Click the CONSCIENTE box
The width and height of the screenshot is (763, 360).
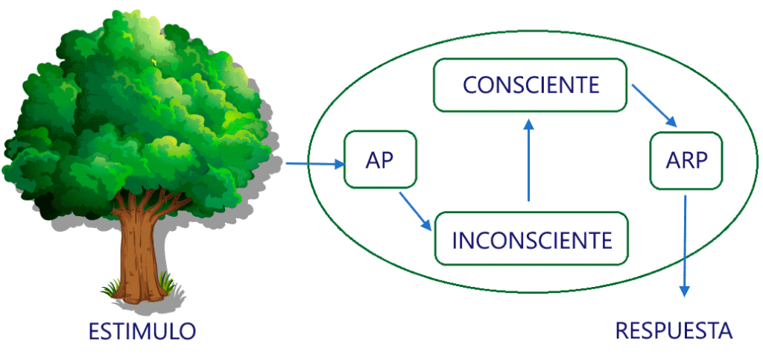[x=530, y=85]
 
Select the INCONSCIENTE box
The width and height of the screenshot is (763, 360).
[x=531, y=239]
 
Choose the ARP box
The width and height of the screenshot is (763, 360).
[x=686, y=160]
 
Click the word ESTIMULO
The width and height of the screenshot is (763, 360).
[x=142, y=331]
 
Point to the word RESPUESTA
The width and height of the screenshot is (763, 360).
[x=674, y=330]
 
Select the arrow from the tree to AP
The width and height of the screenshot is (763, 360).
[x=313, y=164]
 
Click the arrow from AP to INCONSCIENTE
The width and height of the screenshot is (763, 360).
[x=415, y=211]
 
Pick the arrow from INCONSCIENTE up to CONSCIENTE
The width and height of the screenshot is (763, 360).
[x=528, y=160]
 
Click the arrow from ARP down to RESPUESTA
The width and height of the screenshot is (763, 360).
[x=686, y=246]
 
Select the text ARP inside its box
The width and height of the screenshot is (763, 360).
[x=686, y=160]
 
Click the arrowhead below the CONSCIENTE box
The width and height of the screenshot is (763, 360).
[x=528, y=123]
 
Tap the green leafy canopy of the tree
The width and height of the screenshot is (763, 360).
[x=134, y=104]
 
